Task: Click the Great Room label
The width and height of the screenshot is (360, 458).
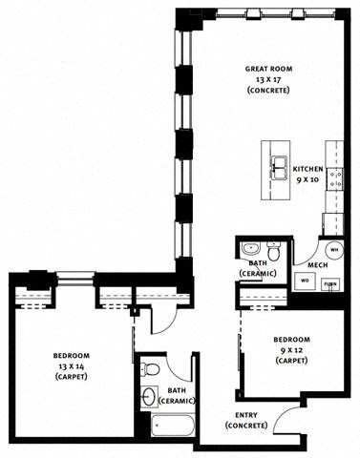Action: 268,69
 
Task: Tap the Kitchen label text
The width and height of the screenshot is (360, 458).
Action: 307,169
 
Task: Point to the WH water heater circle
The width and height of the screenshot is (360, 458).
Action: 334,249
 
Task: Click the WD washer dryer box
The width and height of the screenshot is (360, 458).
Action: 305,281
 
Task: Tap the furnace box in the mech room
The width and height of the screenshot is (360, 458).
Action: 330,284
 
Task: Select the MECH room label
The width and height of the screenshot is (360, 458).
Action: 318,265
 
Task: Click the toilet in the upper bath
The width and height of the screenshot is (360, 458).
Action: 273,251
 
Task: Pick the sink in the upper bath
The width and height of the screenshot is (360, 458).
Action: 250,248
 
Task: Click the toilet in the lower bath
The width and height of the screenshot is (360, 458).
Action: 150,368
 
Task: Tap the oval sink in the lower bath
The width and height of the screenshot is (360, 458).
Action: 148,396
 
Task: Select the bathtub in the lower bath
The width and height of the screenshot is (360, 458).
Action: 173,425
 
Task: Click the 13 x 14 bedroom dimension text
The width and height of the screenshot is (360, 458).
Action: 71,366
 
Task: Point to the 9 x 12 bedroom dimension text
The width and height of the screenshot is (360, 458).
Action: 291,350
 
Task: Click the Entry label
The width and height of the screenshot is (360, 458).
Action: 246,415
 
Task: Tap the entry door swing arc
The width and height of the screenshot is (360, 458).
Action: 280,415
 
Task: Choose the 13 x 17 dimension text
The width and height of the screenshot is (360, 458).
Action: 269,79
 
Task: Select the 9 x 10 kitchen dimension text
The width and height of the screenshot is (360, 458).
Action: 307,179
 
